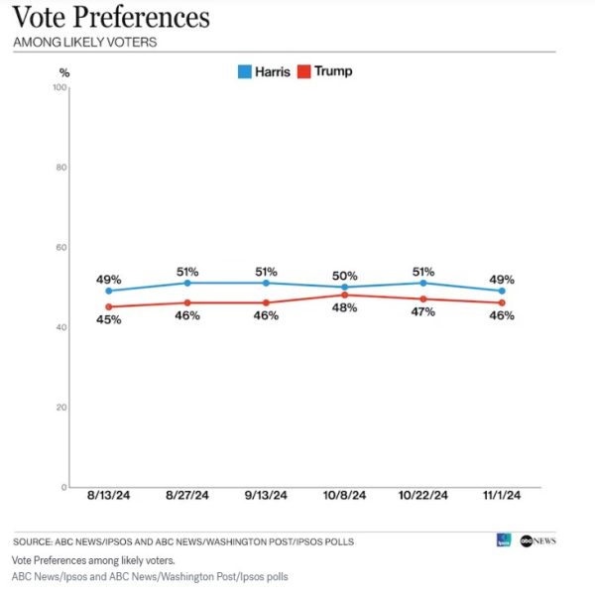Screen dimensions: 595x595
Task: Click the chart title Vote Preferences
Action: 111,18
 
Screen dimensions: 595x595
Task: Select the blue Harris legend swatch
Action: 244,71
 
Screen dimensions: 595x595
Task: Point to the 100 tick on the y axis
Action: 59,88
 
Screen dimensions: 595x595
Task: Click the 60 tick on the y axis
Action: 60,248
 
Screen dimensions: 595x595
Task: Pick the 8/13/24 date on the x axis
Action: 107,496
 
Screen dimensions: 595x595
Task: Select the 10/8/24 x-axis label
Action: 345,496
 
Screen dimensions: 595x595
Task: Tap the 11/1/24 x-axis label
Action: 502,496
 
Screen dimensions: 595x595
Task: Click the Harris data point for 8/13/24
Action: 108,291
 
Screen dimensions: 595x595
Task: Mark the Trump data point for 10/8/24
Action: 345,295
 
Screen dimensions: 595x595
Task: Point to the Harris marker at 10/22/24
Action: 423,283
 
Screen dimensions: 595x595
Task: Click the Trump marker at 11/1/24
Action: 502,302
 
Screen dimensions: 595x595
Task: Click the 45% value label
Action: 108,319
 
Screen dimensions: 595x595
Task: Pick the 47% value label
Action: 423,312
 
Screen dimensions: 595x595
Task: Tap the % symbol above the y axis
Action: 64,72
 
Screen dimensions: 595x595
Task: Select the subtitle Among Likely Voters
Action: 85,43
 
